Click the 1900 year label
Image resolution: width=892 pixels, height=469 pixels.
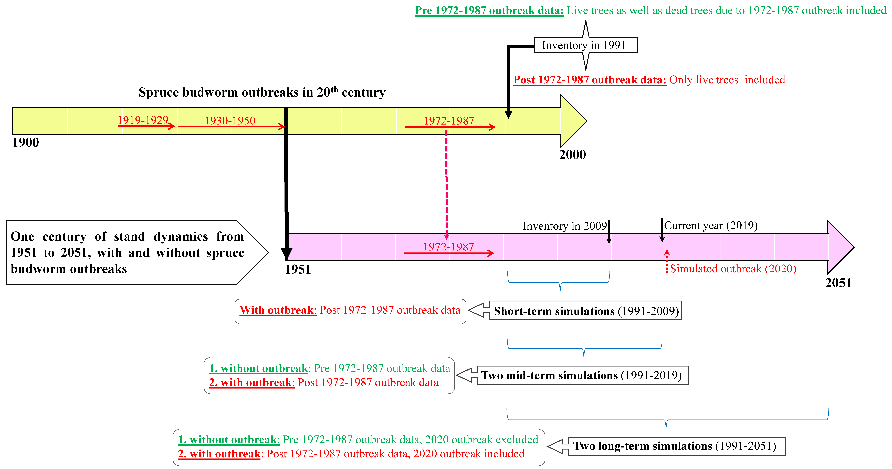(26, 142)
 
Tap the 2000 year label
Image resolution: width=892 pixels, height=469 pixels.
(572, 155)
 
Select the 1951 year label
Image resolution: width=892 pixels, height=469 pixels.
(298, 269)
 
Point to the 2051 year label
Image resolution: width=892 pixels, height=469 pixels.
(838, 283)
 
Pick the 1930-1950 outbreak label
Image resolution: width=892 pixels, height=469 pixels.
(230, 121)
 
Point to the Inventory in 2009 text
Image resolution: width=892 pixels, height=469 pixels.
(564, 226)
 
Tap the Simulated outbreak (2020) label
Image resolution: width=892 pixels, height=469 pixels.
(733, 269)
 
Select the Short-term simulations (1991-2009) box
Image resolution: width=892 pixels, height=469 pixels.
(585, 311)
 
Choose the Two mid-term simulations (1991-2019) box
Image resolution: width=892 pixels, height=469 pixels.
(582, 375)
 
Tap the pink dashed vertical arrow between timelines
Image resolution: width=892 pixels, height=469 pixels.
(446, 184)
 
